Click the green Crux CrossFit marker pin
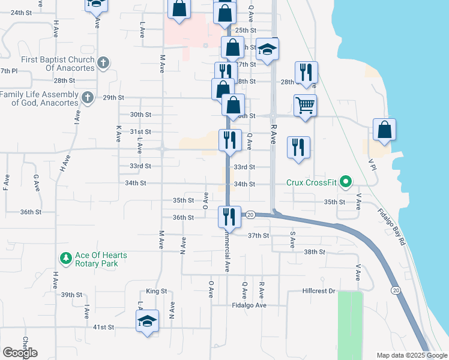pyautogui.click(x=345, y=181)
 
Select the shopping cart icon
pyautogui.click(x=305, y=106)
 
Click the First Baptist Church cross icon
pyautogui.click(x=103, y=62)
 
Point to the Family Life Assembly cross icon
pyautogui.click(x=88, y=97)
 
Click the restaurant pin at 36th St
pyautogui.click(x=228, y=216)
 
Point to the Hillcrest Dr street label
pyautogui.click(x=318, y=292)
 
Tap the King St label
pyautogui.click(x=156, y=291)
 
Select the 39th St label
pyautogui.click(x=71, y=295)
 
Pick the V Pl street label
pyautogui.click(x=372, y=165)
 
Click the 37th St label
pyautogui.click(x=259, y=235)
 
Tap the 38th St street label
pyautogui.click(x=314, y=252)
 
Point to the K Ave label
pyautogui.click(x=118, y=133)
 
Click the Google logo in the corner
pyautogui.click(x=20, y=353)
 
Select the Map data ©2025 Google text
pyautogui.click(x=411, y=355)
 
